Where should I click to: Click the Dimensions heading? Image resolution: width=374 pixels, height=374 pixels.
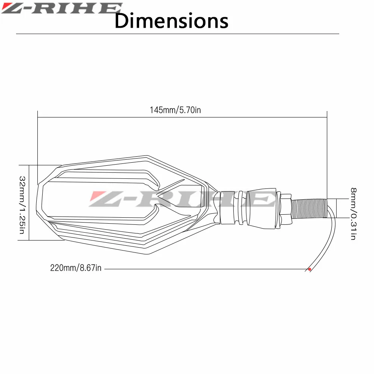171,21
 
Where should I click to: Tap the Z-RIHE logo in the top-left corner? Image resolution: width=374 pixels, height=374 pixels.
62,8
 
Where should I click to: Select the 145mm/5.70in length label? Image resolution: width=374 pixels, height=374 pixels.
175,110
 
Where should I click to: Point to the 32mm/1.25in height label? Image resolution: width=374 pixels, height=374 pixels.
22,205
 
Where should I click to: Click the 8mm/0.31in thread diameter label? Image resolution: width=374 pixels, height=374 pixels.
353,214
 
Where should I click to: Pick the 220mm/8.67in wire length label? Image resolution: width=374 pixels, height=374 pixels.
76,268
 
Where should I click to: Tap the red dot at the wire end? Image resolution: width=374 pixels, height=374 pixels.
310,269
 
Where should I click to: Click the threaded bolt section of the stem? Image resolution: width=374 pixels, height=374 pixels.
309,208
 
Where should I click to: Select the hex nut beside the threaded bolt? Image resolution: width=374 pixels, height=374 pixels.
285,208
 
